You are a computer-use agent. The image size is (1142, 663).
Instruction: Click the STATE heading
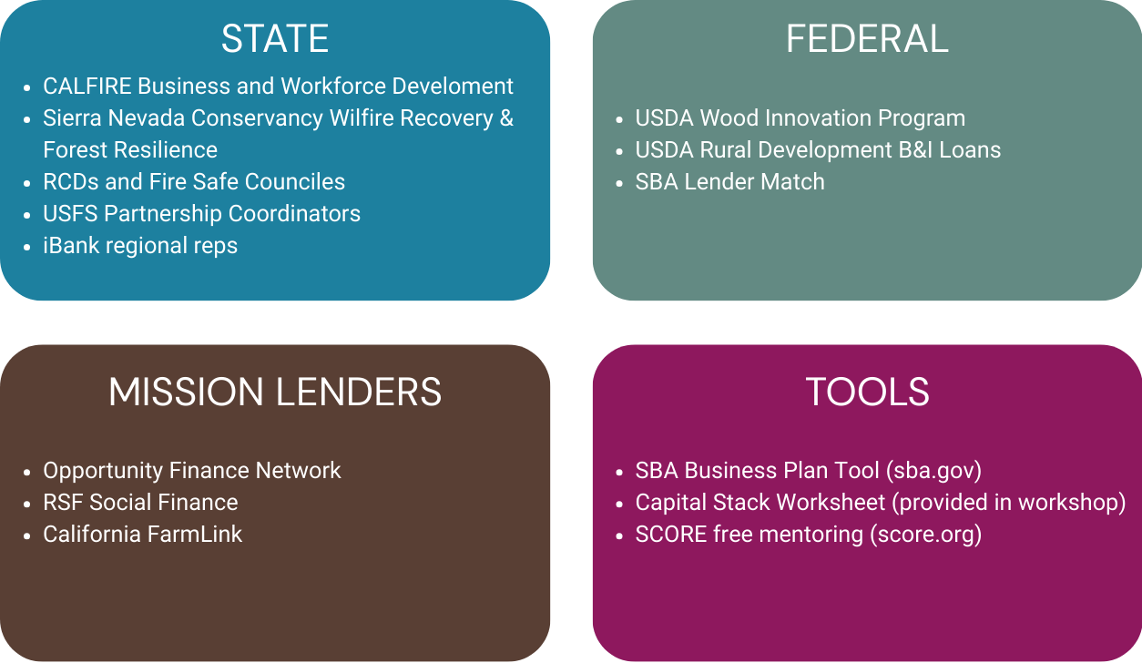[x=274, y=39]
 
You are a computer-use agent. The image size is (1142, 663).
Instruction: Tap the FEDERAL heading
[x=867, y=39]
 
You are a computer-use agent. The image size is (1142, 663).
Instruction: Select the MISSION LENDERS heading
[x=274, y=393]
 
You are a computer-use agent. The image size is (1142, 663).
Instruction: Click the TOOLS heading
[x=867, y=393]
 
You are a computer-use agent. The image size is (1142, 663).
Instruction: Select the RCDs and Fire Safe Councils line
[x=194, y=182]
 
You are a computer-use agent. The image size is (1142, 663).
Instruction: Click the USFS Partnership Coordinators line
[x=201, y=214]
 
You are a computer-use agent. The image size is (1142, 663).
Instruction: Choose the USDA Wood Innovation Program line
[x=800, y=118]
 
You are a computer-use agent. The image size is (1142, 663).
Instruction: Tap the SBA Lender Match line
[x=729, y=182]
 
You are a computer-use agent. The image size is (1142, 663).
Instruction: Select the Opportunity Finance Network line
[x=191, y=471]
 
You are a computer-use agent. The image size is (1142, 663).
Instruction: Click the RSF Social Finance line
[x=140, y=503]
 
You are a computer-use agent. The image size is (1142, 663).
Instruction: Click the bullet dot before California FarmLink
[x=28, y=535]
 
